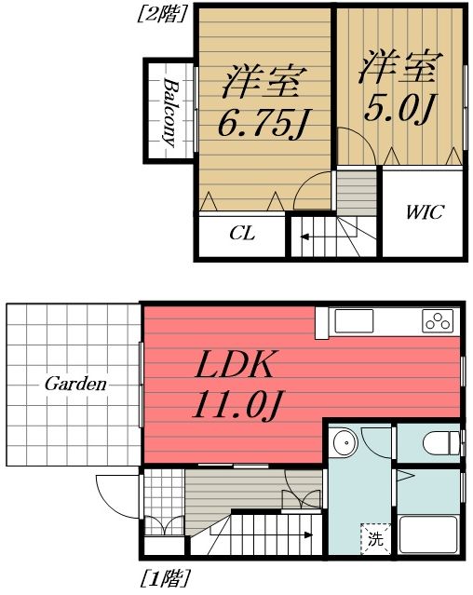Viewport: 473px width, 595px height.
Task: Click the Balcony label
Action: [170, 111]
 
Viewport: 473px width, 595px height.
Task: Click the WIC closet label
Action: [424, 212]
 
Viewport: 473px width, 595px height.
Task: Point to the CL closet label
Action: [242, 234]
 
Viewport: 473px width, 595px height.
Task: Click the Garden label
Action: [74, 384]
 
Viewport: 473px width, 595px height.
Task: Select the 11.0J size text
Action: [238, 406]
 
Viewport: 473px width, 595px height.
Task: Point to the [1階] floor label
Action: [164, 578]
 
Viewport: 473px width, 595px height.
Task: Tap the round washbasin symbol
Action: [345, 441]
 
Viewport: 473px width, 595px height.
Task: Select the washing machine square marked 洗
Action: [372, 537]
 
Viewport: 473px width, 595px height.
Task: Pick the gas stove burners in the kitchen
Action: [437, 320]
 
